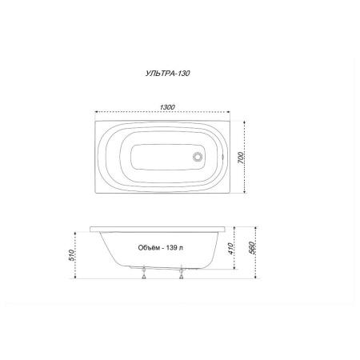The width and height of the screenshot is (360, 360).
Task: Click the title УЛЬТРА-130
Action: pos(168,74)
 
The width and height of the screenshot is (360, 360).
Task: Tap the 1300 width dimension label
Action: pos(167,107)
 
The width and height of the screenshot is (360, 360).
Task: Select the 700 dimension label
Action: pos(240,158)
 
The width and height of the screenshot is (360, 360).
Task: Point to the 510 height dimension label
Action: pos(71,255)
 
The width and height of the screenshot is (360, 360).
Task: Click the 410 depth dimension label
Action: pos(231,249)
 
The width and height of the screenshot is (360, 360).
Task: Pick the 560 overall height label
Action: pos(252,248)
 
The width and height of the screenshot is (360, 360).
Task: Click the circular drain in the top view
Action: pos(198,157)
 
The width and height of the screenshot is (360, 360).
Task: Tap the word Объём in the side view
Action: pos(147,248)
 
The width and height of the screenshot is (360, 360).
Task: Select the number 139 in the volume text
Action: pos(171,248)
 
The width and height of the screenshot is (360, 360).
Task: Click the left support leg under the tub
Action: pos(144,272)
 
